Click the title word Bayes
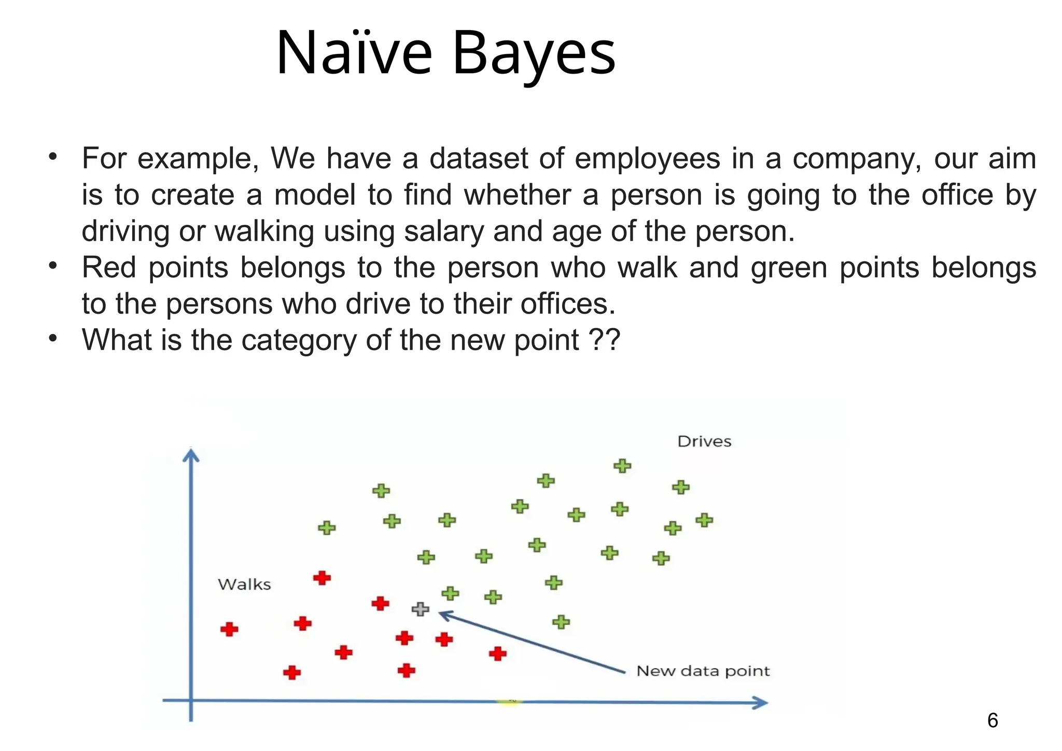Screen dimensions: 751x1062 534,53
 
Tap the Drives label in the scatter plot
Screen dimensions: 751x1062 704,442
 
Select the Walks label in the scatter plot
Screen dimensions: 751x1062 244,585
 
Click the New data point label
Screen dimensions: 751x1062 703,671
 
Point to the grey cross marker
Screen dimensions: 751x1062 420,609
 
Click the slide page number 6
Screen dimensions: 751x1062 992,720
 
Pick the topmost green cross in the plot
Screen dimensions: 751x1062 622,466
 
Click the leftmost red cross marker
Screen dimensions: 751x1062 229,630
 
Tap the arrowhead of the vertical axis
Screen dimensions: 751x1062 191,455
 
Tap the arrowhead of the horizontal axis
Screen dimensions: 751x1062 761,703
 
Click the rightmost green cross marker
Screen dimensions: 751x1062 704,520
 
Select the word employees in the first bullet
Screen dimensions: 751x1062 648,158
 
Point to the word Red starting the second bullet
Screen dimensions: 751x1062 109,268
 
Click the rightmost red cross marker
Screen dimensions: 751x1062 497,653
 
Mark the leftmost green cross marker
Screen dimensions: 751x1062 327,528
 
